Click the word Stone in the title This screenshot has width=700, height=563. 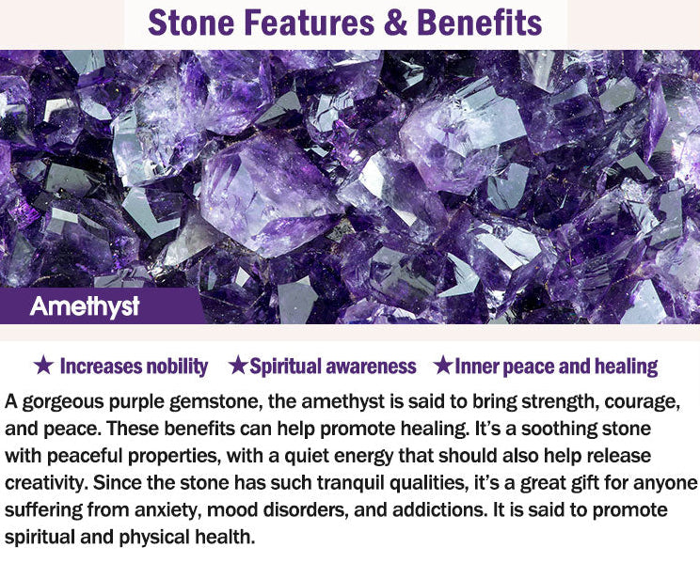click(191, 23)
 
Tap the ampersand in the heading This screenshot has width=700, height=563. click(395, 23)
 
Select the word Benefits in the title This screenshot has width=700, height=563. click(479, 23)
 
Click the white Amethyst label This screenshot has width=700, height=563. click(85, 306)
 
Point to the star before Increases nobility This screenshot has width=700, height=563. click(43, 366)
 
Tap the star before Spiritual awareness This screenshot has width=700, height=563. click(238, 366)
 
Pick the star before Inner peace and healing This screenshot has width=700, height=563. click(444, 366)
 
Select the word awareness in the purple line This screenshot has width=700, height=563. click(372, 367)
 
